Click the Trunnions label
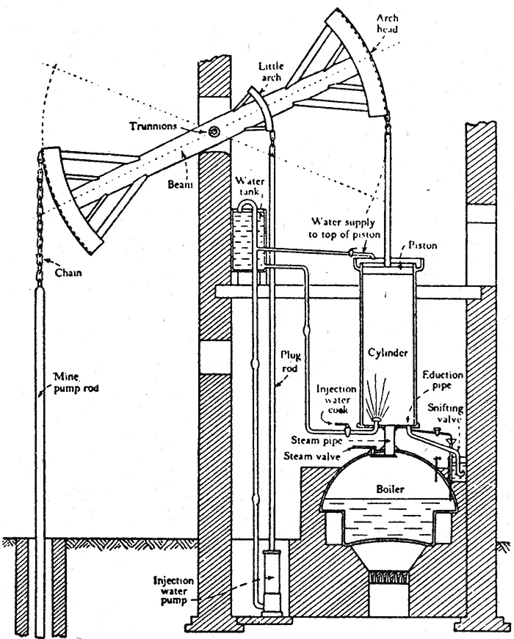tap(153, 126)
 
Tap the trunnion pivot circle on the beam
tap(214, 131)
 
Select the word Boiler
tap(391, 489)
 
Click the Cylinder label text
tap(388, 352)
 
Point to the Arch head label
tap(387, 23)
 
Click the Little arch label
tap(271, 71)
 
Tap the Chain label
tap(68, 272)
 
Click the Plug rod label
tap(290, 362)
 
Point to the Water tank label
tap(250, 186)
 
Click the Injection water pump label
tap(173, 591)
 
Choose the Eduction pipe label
tap(443, 380)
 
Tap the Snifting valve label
tap(446, 413)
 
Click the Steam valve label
tap(311, 456)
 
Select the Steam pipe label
tap(316, 440)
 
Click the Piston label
tap(423, 245)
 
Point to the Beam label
tap(180, 185)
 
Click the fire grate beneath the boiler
tap(388, 577)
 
